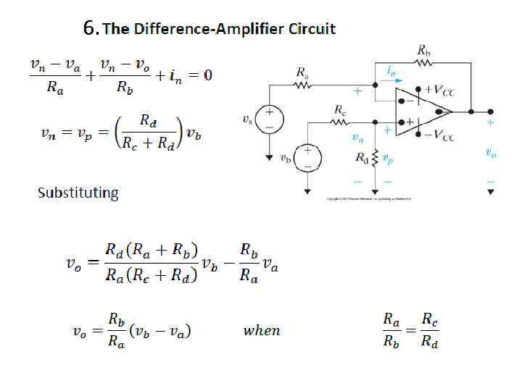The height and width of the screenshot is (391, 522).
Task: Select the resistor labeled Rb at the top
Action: point(423,62)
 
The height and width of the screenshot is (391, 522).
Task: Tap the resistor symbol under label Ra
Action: point(302,85)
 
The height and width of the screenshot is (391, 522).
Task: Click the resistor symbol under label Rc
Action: point(340,122)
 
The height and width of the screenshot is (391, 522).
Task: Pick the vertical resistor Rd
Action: point(374,157)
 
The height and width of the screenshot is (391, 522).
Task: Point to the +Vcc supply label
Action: point(439,90)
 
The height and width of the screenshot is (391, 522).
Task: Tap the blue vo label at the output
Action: point(491,153)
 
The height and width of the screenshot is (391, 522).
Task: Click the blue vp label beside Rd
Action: point(388,156)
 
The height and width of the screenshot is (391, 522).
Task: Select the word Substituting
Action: point(78,193)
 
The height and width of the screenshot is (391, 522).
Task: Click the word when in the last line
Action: point(261,330)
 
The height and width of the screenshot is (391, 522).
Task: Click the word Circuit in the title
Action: point(312,29)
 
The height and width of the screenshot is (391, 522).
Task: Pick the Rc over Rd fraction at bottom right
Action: point(429,330)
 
